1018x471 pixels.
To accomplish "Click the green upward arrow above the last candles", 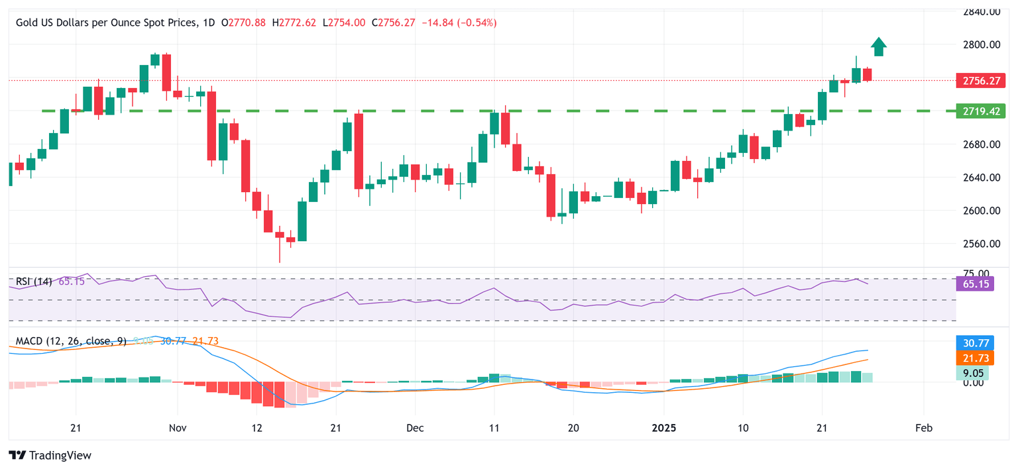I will pyautogui.click(x=879, y=47).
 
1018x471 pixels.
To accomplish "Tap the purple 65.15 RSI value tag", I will pyautogui.click(x=974, y=284).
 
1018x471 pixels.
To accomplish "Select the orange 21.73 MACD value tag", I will pyautogui.click(x=974, y=358).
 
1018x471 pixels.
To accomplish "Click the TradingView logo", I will pyautogui.click(x=50, y=455).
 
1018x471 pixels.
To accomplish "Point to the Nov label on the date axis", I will pyautogui.click(x=177, y=429).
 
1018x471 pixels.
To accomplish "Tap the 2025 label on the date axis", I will pyautogui.click(x=664, y=429).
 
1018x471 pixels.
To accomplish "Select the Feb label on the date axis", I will pyautogui.click(x=923, y=429).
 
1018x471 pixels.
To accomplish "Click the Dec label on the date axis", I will pyautogui.click(x=414, y=429).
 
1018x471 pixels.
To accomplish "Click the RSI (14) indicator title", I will pyautogui.click(x=34, y=282).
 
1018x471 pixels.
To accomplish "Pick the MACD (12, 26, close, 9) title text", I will pyautogui.click(x=71, y=341).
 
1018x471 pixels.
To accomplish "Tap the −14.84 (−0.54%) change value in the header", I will pyautogui.click(x=459, y=23).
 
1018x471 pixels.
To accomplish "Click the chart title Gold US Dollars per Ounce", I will pyautogui.click(x=106, y=23).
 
